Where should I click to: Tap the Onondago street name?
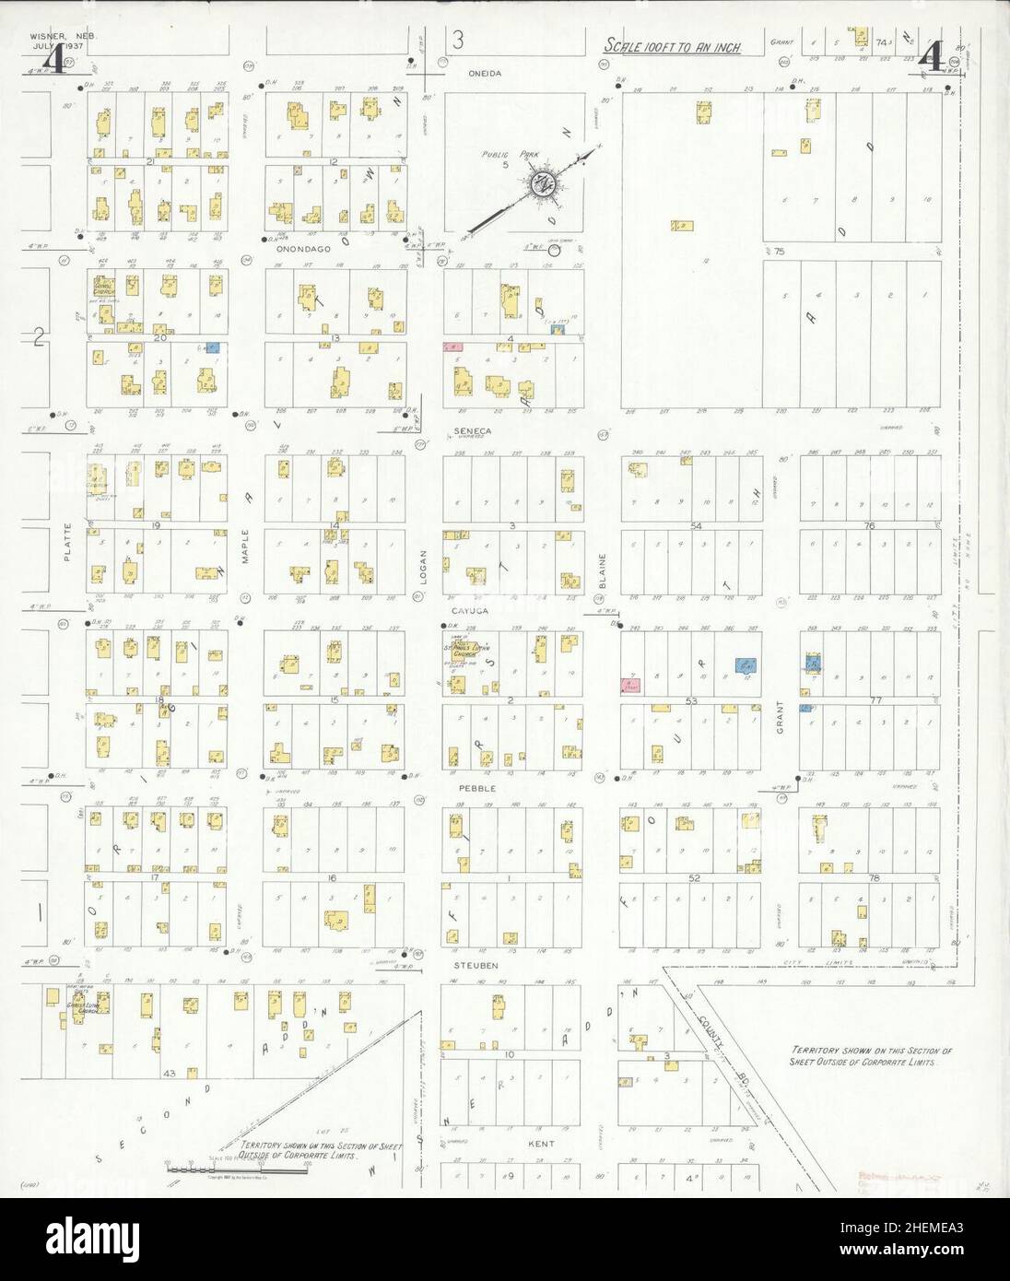point(297,247)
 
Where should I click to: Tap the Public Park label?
point(504,155)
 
